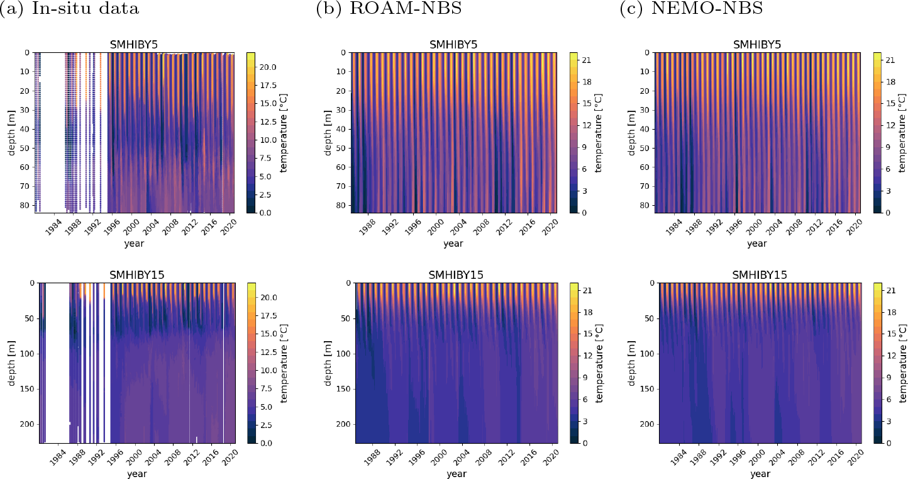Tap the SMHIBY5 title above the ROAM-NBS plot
coord(453,45)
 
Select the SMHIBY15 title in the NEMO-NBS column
coord(760,275)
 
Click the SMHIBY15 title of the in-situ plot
coord(136,275)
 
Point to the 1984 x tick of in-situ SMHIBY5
coord(55,223)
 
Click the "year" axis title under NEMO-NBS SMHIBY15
coord(760,473)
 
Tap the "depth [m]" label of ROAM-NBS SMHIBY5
coord(328,133)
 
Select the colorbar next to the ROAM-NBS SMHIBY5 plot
coord(573,133)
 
